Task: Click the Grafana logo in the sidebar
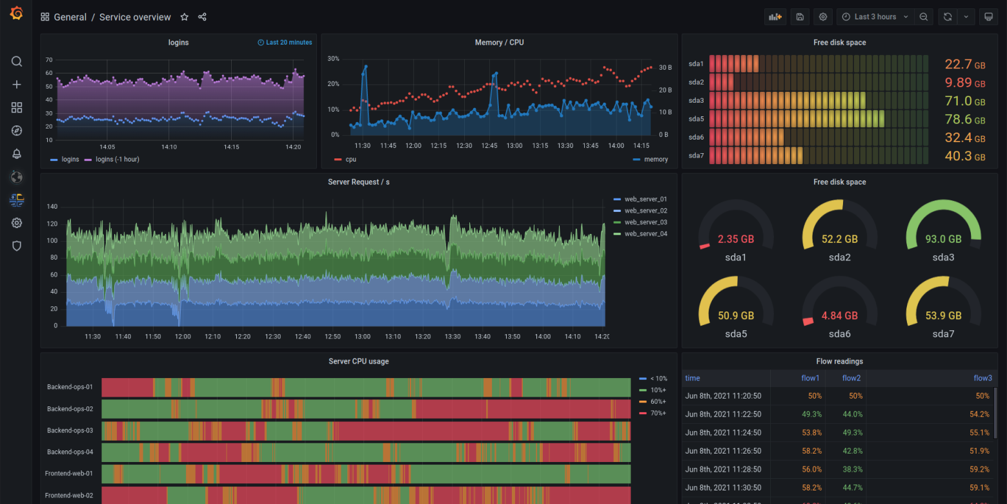pos(17,14)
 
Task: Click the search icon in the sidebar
pos(17,61)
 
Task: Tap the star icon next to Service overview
pos(184,17)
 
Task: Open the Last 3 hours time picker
pos(875,17)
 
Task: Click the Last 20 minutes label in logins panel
pos(285,43)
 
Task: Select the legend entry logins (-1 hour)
pos(117,159)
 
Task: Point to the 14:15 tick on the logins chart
pos(231,147)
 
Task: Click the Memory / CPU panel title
pos(499,43)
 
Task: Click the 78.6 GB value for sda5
pos(964,120)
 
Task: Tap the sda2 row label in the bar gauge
pos(696,82)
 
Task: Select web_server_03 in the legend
pos(646,222)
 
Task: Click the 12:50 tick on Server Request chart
pos(332,337)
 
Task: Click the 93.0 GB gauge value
pos(943,239)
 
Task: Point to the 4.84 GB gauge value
pos(839,316)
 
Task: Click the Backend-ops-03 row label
pos(70,430)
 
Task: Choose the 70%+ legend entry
pos(658,413)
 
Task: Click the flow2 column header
pos(851,378)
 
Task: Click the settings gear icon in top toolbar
pos(822,17)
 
